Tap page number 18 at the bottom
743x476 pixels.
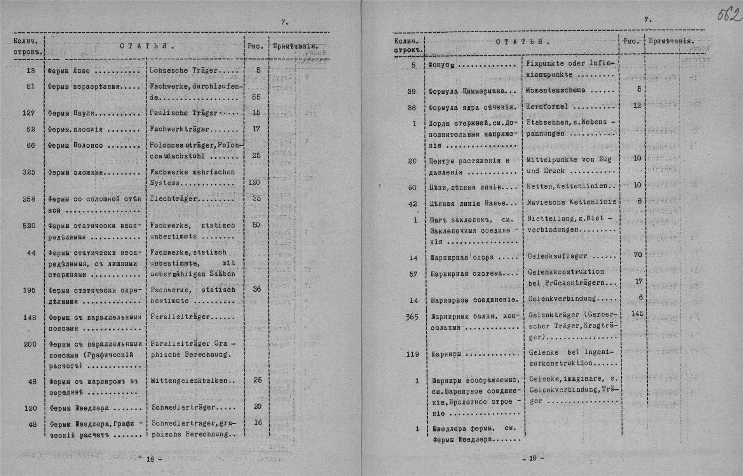(x=150, y=459)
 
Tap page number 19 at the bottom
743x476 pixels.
(x=532, y=458)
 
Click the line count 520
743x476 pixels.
(x=29, y=225)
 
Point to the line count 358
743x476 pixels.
(x=29, y=199)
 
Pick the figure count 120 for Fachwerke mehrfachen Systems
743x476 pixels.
(x=254, y=182)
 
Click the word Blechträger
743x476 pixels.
(x=174, y=199)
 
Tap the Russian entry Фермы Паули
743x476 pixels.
(x=72, y=113)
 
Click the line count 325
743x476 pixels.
(x=29, y=172)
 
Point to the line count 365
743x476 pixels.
(x=412, y=317)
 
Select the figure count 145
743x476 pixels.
(x=637, y=313)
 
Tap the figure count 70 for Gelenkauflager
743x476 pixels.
(x=638, y=255)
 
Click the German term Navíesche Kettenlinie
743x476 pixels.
(x=571, y=202)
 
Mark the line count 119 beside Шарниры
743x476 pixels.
(x=412, y=354)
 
